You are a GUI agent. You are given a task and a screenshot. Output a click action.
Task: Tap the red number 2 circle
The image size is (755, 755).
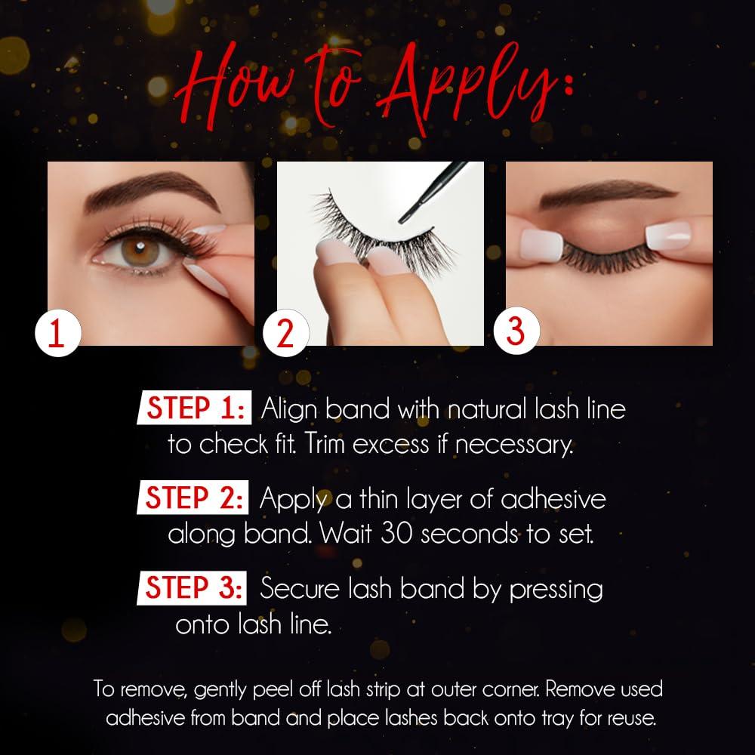(285, 333)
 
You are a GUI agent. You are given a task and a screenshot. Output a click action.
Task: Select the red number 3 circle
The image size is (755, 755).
(515, 331)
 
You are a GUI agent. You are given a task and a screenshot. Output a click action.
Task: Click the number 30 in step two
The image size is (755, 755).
(397, 534)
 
